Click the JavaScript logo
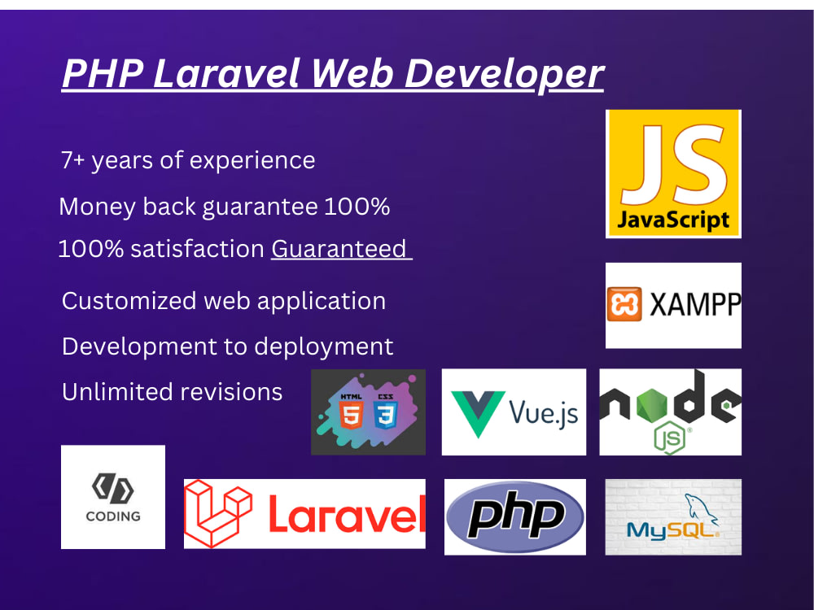(673, 173)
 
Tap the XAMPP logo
(673, 305)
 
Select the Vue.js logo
(514, 412)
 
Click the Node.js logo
(670, 412)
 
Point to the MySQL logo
(673, 517)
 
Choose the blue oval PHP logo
(515, 516)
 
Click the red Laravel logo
(304, 514)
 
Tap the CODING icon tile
(113, 497)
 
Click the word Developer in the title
(505, 74)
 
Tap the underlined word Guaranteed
(339, 249)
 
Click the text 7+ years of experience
(188, 160)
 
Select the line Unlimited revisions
(172, 392)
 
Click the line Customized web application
(224, 301)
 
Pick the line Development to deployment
(227, 346)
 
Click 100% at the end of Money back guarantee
(357, 207)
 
